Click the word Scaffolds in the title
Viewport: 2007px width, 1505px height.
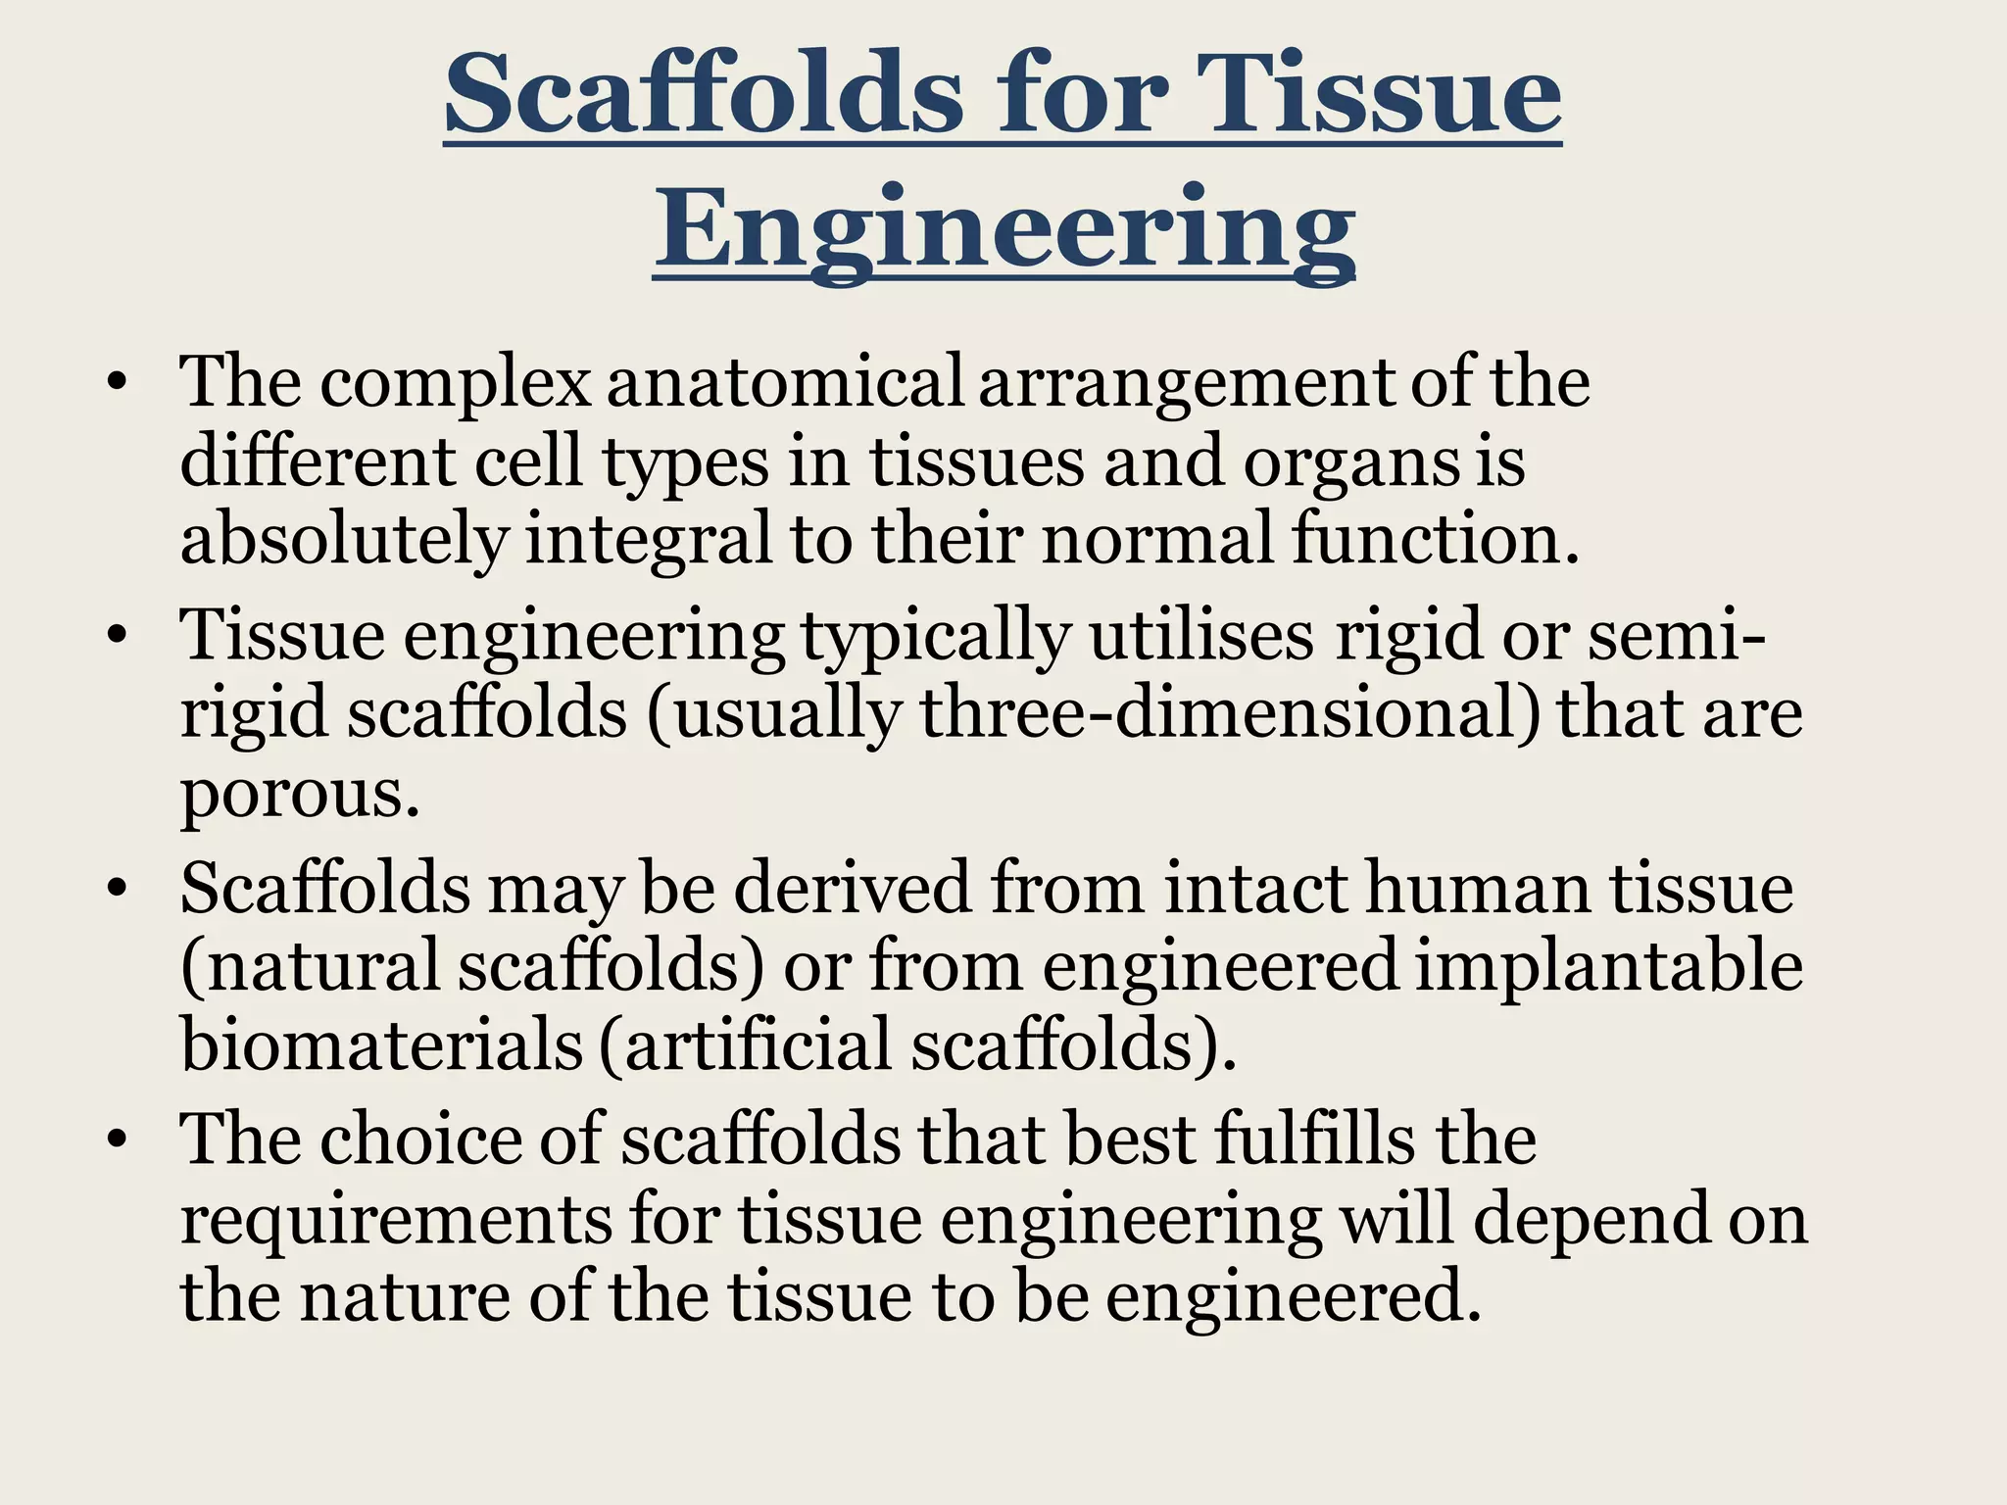704,95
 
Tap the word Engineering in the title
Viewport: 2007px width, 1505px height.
1004,230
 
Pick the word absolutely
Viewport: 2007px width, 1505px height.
344,540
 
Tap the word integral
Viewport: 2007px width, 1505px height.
650,542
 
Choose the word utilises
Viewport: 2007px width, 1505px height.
1201,636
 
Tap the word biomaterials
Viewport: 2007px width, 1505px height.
382,1044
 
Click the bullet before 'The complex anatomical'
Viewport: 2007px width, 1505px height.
118,384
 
